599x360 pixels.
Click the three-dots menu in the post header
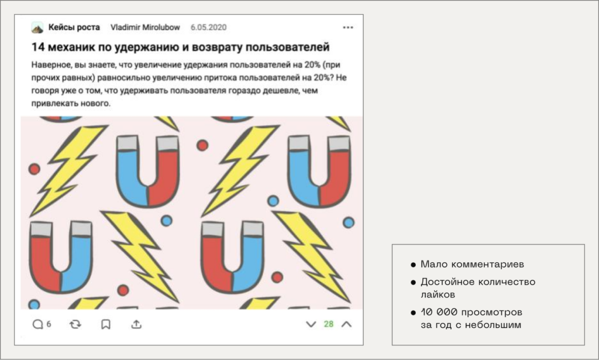pyautogui.click(x=347, y=28)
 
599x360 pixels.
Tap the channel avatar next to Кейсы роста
pyautogui.click(x=37, y=28)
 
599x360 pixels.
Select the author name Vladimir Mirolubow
pyautogui.click(x=145, y=28)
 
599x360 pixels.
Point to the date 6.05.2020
pyautogui.click(x=209, y=28)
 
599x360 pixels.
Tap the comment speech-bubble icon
pyautogui.click(x=37, y=324)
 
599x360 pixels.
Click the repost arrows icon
pyautogui.click(x=75, y=324)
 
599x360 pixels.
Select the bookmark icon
pyautogui.click(x=106, y=324)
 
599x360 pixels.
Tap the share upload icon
pyautogui.click(x=136, y=324)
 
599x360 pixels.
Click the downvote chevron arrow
pyautogui.click(x=311, y=324)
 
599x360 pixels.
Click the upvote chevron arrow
pyautogui.click(x=346, y=324)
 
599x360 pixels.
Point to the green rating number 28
pyautogui.click(x=329, y=324)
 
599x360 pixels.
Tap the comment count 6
pyautogui.click(x=49, y=324)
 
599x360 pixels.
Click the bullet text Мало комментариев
pyautogui.click(x=472, y=264)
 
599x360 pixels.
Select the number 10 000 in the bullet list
pyautogui.click(x=439, y=312)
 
